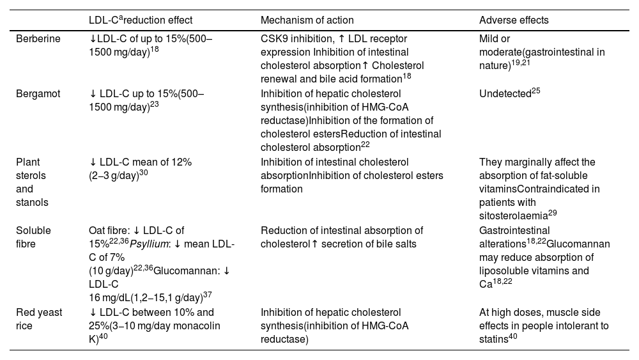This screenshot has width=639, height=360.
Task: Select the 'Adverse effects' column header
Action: pyautogui.click(x=514, y=20)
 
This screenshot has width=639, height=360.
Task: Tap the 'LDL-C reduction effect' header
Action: pyautogui.click(x=141, y=20)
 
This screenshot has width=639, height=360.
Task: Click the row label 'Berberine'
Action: pyautogui.click(x=38, y=38)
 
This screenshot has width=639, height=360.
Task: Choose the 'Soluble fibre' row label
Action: pyautogui.click(x=33, y=236)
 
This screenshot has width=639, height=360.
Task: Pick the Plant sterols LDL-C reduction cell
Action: pyautogui.click(x=140, y=169)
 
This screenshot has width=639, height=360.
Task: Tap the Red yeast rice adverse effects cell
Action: pyautogui.click(x=543, y=325)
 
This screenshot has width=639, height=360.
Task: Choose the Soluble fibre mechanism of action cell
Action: pyautogui.click(x=342, y=236)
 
